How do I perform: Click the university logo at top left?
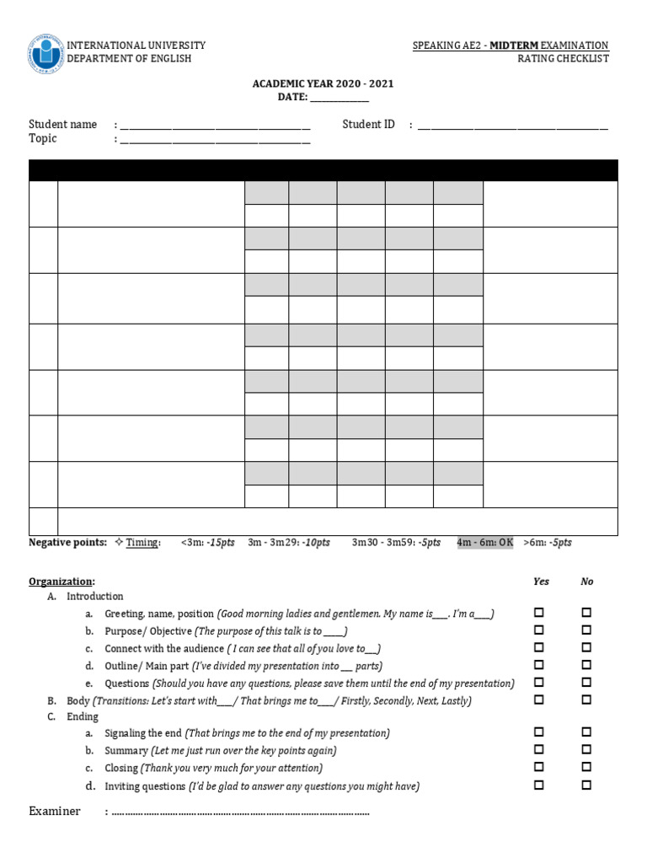pyautogui.click(x=45, y=52)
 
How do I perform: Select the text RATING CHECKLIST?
pyautogui.click(x=563, y=59)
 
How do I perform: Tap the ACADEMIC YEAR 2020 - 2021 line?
pyautogui.click(x=323, y=84)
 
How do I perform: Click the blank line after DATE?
pyautogui.click(x=340, y=98)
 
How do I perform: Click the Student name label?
pyautogui.click(x=63, y=125)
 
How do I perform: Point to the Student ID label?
pyautogui.click(x=368, y=125)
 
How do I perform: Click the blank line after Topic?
pyautogui.click(x=215, y=140)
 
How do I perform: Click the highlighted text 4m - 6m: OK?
pyautogui.click(x=484, y=543)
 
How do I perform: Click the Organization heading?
pyautogui.click(x=61, y=582)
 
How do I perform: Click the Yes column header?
pyautogui.click(x=541, y=582)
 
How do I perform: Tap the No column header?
pyautogui.click(x=586, y=582)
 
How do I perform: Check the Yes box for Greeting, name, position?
pyautogui.click(x=539, y=613)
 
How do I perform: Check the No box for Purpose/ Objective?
pyautogui.click(x=586, y=630)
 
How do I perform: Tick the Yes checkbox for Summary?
pyautogui.click(x=539, y=750)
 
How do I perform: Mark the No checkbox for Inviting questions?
pyautogui.click(x=586, y=785)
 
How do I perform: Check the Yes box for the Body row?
pyautogui.click(x=539, y=700)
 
